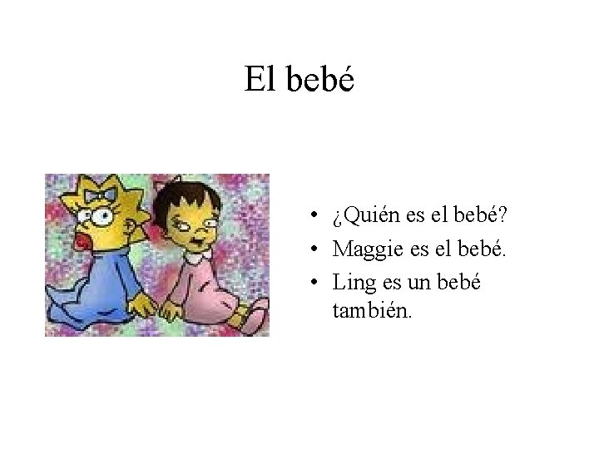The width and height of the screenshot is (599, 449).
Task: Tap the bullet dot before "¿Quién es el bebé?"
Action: (309, 219)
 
